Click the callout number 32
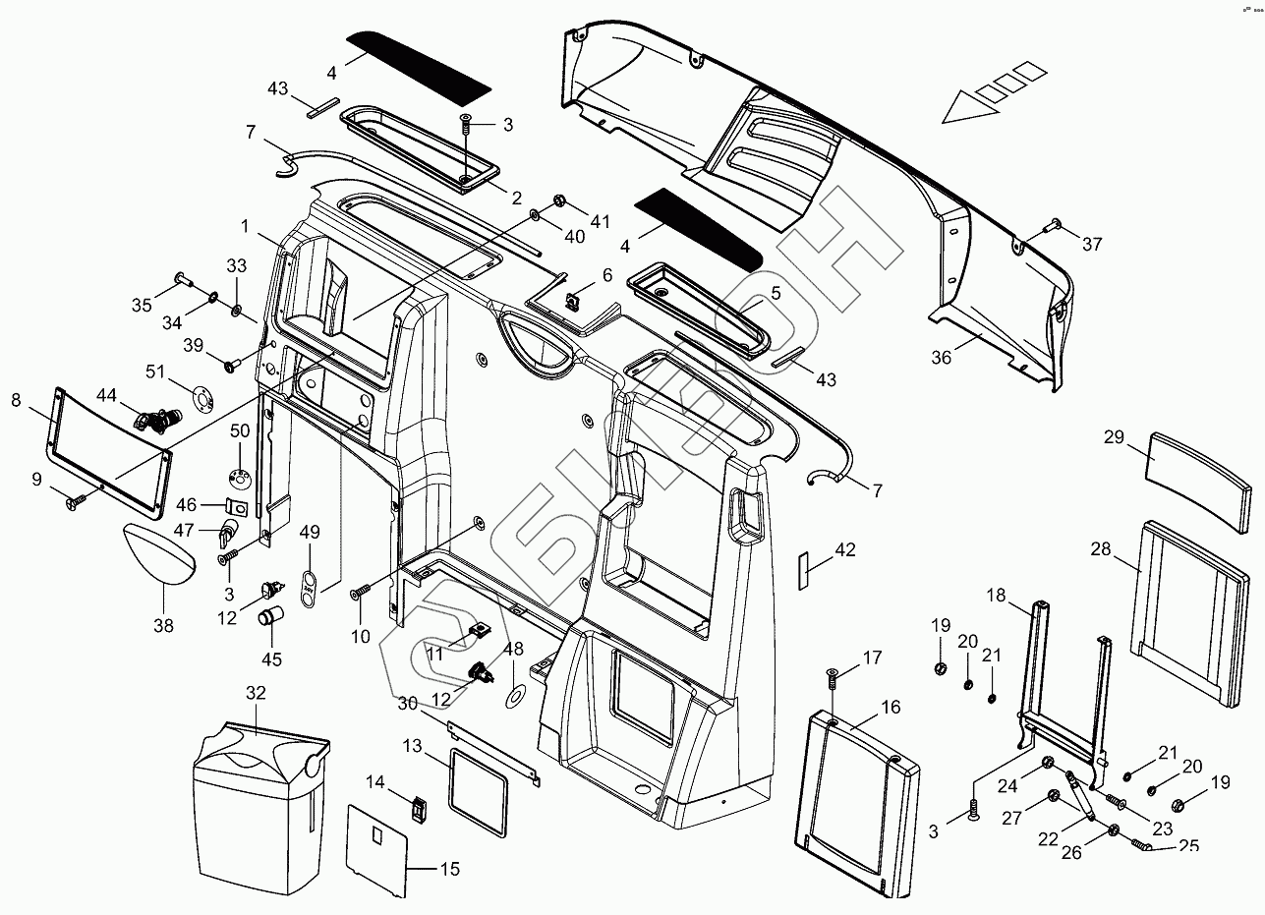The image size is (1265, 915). pos(256,693)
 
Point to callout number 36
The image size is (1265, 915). pos(942,358)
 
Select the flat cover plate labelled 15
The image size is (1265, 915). pos(377,849)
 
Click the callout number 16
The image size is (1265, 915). pos(891,707)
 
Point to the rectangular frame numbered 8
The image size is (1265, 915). pos(108,447)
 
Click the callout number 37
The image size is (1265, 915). pos(1093,245)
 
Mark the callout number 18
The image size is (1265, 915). pos(996,596)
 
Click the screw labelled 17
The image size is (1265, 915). pos(832,677)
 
